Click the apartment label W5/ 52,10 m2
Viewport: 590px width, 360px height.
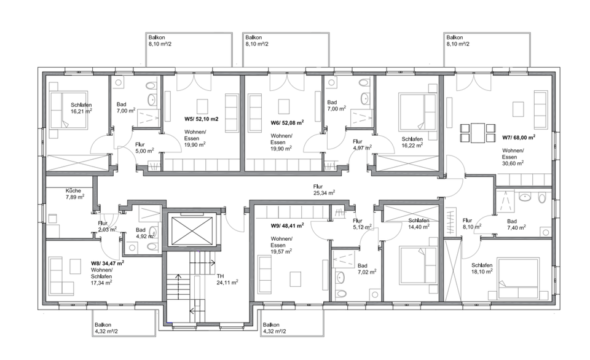click(202, 119)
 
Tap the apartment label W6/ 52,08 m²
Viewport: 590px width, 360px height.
click(288, 122)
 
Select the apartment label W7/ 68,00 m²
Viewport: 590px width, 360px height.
click(518, 138)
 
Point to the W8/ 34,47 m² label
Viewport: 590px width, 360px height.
click(108, 262)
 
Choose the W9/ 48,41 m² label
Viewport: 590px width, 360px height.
click(288, 225)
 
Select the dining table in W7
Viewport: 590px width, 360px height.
click(478, 131)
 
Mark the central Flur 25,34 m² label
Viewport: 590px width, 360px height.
click(324, 189)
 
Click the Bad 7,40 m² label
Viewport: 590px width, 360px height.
click(516, 224)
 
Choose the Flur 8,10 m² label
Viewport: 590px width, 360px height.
click(471, 224)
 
